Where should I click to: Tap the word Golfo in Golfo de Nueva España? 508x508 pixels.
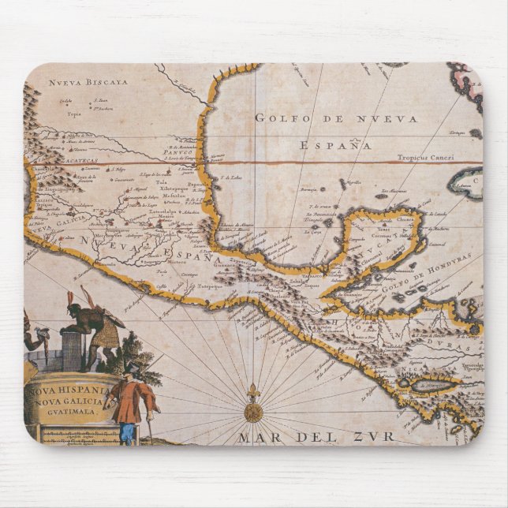tap(278, 118)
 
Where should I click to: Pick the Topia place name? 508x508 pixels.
tap(73, 114)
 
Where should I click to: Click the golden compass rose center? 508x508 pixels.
tap(253, 413)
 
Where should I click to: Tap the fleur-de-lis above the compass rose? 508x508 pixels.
tap(253, 391)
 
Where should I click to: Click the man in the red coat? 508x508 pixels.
tap(131, 398)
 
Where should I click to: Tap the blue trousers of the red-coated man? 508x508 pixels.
tap(126, 432)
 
